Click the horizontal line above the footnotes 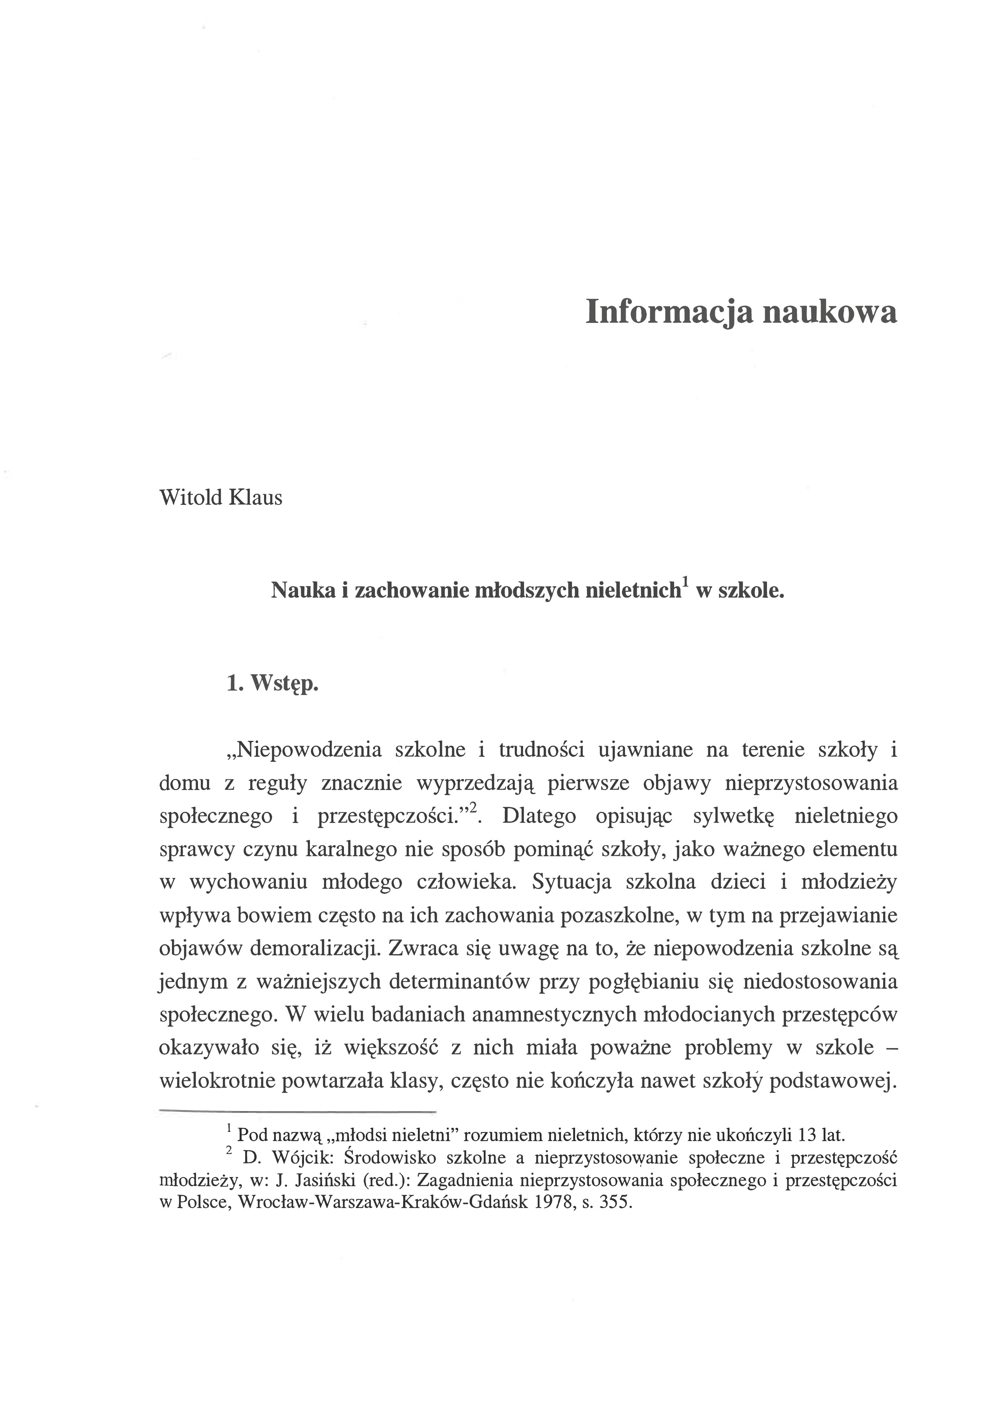point(298,1111)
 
